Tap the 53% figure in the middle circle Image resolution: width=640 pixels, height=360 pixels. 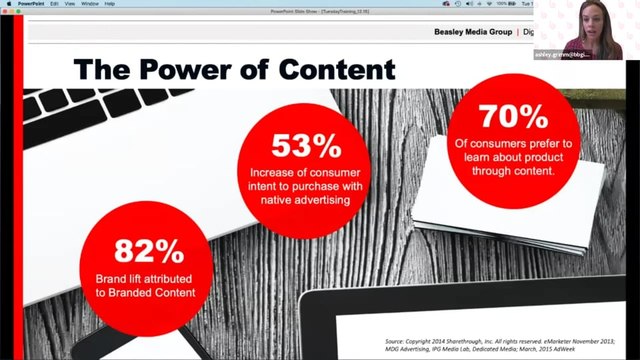click(303, 146)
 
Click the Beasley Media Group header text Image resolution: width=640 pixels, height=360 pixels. click(472, 32)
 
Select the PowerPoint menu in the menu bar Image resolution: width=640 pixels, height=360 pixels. click(30, 4)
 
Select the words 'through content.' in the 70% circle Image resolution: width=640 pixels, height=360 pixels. click(513, 169)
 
